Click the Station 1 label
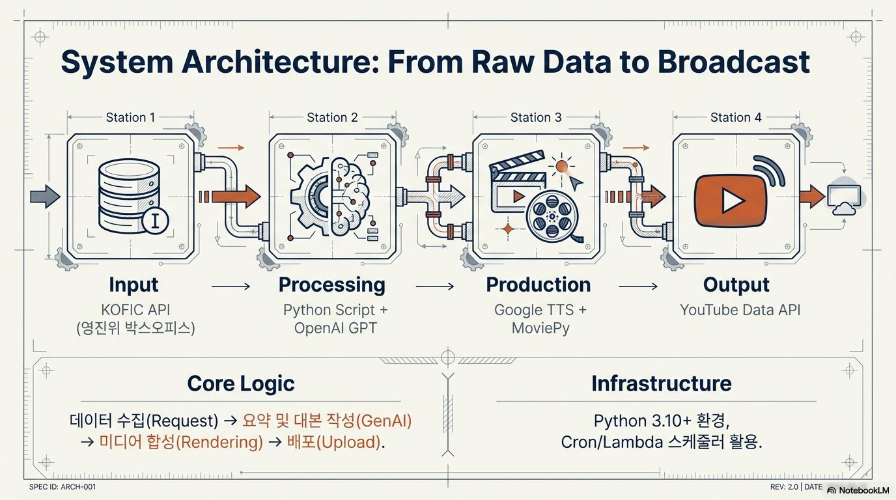(130, 117)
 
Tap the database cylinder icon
(128, 195)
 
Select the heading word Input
(133, 285)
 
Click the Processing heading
(331, 285)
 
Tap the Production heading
(539, 285)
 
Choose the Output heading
(736, 285)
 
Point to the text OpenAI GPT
(335, 328)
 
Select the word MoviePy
(540, 328)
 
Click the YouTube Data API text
(740, 310)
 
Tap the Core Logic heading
(241, 383)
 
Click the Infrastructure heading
(661, 383)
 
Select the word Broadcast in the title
(734, 62)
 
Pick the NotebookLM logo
(858, 490)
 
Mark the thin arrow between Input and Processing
(231, 286)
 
